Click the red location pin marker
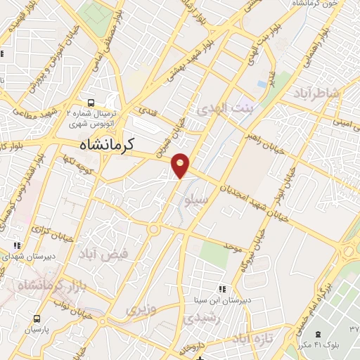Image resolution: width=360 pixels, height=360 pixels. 181,165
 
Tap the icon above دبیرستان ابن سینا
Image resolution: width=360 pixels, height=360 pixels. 222,289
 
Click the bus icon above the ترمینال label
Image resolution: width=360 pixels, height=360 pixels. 90,102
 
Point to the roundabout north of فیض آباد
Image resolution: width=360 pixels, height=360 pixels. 153,229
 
